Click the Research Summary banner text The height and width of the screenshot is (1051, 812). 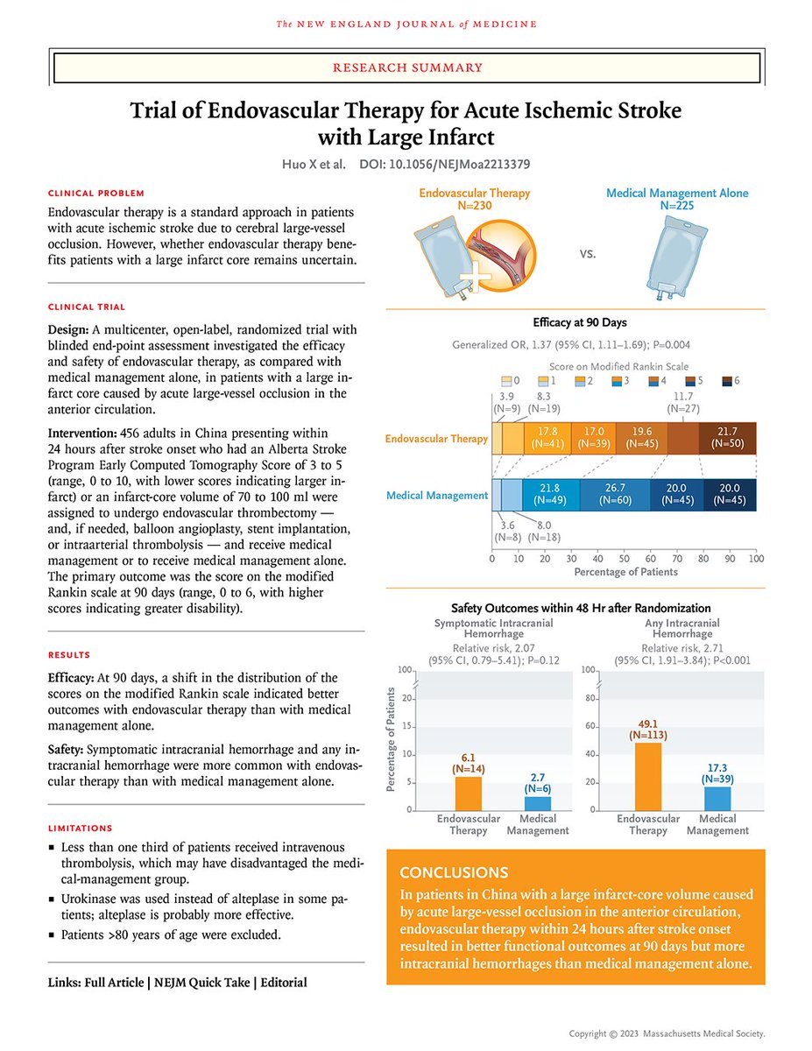tap(406, 67)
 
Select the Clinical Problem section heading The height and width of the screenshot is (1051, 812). tap(96, 193)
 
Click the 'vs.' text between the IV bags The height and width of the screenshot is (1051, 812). tap(588, 254)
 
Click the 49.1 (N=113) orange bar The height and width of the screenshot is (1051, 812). tap(648, 775)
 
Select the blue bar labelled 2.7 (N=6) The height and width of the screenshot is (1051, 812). tap(538, 802)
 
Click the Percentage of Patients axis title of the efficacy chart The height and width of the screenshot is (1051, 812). tap(625, 572)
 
